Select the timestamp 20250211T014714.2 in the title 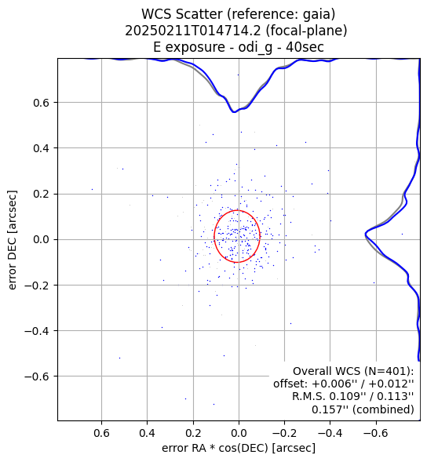click(x=193, y=31)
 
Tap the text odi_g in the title click(x=255, y=48)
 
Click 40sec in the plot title click(x=305, y=47)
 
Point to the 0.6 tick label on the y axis click(x=41, y=103)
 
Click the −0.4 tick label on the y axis click(x=37, y=331)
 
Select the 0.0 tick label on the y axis click(x=41, y=239)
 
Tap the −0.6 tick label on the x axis click(x=376, y=433)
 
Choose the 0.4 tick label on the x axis click(x=147, y=433)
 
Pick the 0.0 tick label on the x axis click(x=239, y=433)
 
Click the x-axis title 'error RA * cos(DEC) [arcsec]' click(x=239, y=448)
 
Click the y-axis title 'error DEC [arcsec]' click(x=12, y=240)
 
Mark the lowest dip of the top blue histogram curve click(x=234, y=112)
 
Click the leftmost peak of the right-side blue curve click(x=366, y=235)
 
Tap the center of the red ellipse click(x=237, y=236)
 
